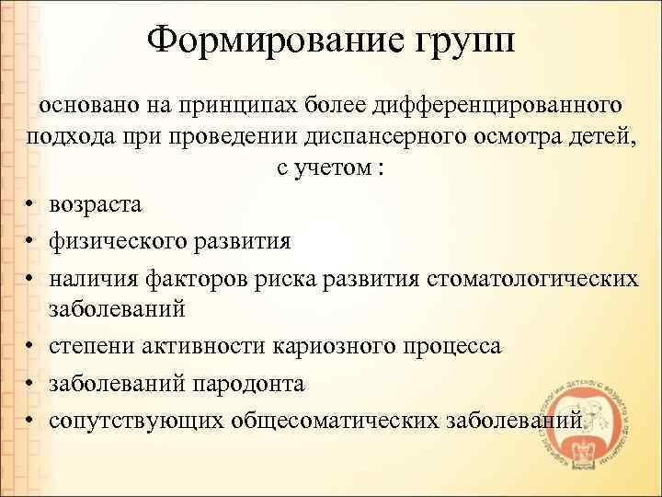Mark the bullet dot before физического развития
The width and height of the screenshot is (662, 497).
tap(32, 243)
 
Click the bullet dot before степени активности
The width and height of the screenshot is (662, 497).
tap(32, 348)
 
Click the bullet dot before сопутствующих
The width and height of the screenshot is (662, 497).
tap(32, 420)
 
